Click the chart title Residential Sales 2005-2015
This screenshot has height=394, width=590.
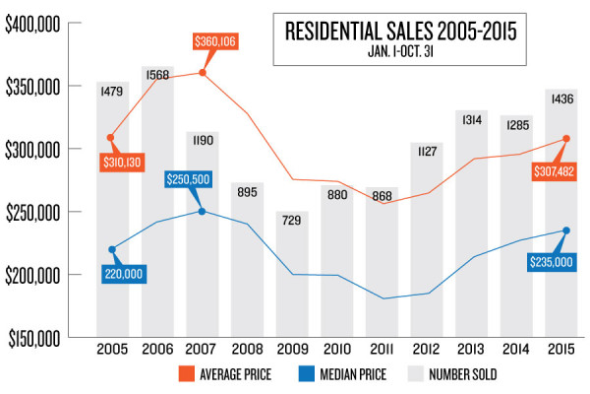click(x=408, y=31)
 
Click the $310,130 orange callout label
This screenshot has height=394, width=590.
click(x=120, y=161)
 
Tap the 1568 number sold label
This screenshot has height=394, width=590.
click(x=158, y=74)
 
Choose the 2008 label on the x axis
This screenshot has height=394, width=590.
click(x=247, y=349)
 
